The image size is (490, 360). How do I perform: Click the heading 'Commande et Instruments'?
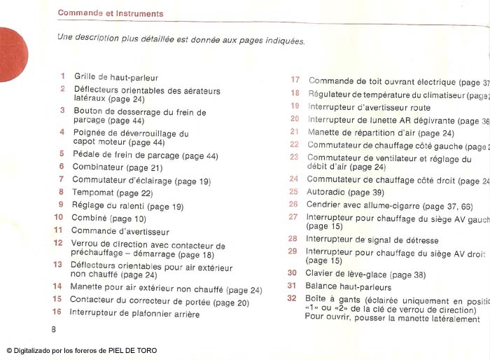click(110, 13)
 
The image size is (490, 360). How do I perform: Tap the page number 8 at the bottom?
click(53, 328)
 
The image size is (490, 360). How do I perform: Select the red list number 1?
click(62, 76)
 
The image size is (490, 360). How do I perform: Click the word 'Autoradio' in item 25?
click(326, 192)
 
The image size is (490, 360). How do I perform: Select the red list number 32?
click(292, 298)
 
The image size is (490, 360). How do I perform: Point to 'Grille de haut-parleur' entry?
click(115, 77)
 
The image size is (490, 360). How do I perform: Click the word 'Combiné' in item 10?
click(89, 219)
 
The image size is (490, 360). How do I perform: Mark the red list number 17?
click(295, 81)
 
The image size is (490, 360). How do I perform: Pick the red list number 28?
click(293, 238)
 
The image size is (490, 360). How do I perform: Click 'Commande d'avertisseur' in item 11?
click(120, 231)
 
